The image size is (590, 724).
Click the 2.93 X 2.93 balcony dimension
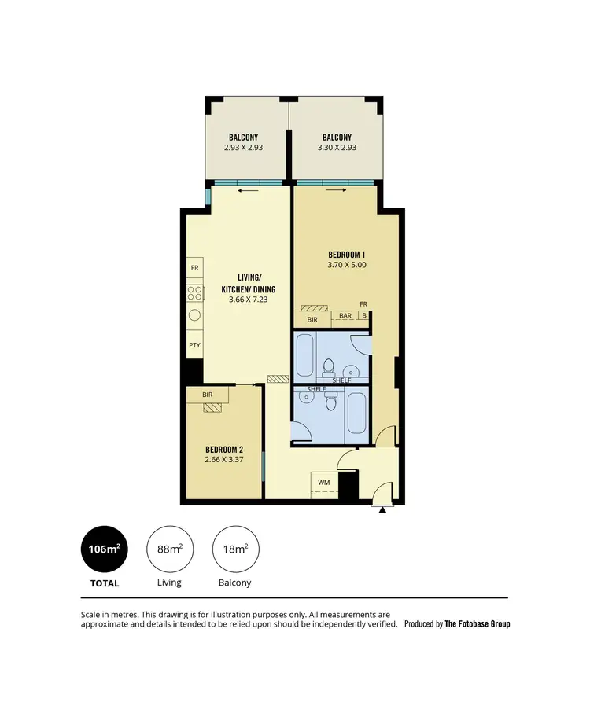click(244, 147)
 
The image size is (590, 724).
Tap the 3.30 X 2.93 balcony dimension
click(337, 147)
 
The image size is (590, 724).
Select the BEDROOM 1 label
click(347, 254)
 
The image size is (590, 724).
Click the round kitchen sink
click(194, 318)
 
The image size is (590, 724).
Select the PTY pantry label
click(194, 345)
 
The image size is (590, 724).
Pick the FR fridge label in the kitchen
click(194, 268)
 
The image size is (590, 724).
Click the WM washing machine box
click(323, 482)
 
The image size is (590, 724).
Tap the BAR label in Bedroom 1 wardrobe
click(345, 316)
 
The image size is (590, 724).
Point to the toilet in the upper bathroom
click(329, 366)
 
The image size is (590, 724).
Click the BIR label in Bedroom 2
click(208, 395)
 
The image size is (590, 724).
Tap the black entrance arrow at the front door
click(383, 510)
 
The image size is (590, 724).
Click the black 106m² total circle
click(104, 549)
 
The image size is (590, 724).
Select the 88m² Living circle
click(170, 549)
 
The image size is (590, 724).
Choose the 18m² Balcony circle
click(236, 549)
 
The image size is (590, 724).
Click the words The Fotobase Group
click(478, 624)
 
